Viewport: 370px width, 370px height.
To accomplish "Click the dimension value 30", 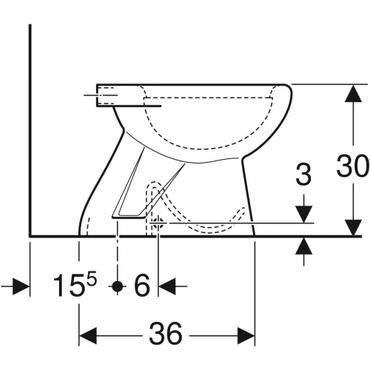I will [x=351, y=166].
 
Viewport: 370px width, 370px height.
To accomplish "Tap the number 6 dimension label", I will [x=143, y=284].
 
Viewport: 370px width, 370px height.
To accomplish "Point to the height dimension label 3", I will [x=302, y=176].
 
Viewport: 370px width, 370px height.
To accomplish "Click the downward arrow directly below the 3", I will [x=303, y=215].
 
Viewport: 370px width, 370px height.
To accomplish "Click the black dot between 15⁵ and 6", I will [x=116, y=284].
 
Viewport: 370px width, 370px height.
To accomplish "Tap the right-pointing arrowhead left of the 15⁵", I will [x=22, y=284].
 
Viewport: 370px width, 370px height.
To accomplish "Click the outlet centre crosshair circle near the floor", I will [x=158, y=222].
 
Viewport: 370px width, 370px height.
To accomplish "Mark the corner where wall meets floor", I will [x=29, y=236].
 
